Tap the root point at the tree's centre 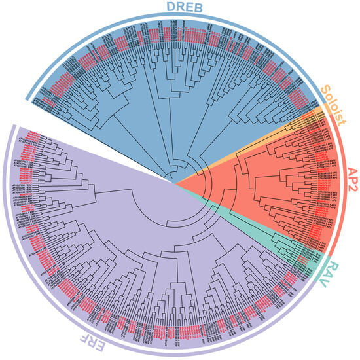click(175, 182)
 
